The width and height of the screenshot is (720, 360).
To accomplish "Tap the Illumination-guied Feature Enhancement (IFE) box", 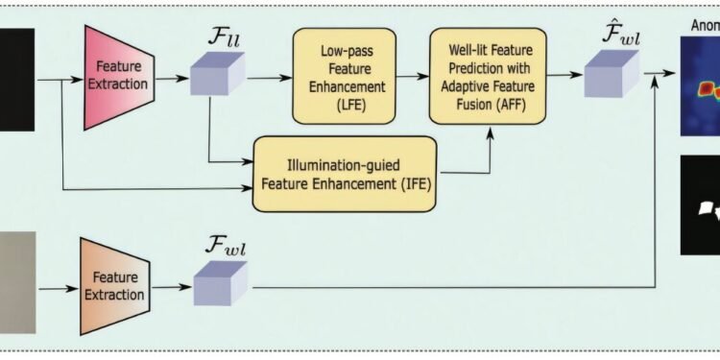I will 345,174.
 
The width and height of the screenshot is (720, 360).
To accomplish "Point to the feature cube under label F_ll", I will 216,75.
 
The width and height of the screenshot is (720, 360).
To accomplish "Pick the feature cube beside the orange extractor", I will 220,284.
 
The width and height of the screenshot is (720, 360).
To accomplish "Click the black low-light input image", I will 16,79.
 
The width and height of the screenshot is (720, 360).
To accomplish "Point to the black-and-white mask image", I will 700,205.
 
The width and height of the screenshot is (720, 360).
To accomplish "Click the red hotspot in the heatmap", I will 708,89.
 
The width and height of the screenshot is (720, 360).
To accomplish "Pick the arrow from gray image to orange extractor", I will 57,285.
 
